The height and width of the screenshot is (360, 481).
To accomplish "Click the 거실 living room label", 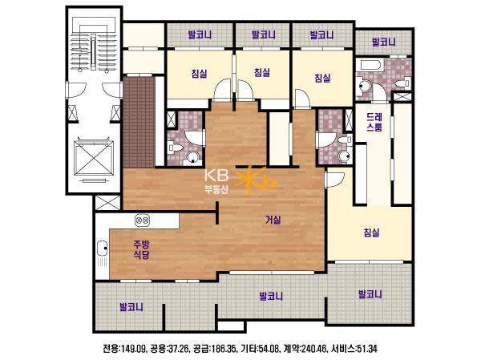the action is point(273,220).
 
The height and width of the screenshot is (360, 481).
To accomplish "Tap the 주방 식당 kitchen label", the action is point(141,249).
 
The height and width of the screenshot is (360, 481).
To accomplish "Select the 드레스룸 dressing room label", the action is point(374,122).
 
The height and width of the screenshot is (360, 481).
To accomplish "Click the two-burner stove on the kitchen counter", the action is point(143,220).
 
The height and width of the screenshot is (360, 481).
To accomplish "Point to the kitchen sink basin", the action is point(102,249).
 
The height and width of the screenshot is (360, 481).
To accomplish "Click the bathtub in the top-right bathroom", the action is point(371,65).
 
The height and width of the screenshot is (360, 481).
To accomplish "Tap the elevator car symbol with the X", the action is point(94,158).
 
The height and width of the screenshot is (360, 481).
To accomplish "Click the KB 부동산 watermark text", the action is point(216,181).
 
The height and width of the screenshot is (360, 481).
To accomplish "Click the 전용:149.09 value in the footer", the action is point(124,349).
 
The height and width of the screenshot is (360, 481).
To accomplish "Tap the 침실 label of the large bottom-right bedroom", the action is point(371,233).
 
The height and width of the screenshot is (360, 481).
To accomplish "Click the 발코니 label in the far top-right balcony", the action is point(384,42).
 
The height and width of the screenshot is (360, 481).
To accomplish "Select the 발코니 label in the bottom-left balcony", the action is point(131,307).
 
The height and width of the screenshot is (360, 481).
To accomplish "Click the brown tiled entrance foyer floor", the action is point(139,122).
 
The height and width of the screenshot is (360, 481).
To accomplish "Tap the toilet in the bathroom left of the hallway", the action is point(174,148).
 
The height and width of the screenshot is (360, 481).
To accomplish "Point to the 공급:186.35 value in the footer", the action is point(213,349).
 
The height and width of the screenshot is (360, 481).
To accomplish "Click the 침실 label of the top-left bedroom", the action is point(199,73).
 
